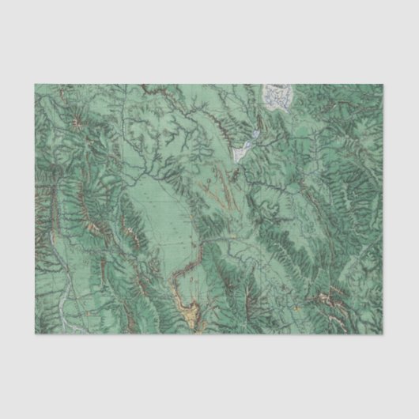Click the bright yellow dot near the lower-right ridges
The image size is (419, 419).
coord(297,307)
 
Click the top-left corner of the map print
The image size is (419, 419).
coord(34,83)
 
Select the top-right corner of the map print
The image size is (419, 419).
coord(385,83)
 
